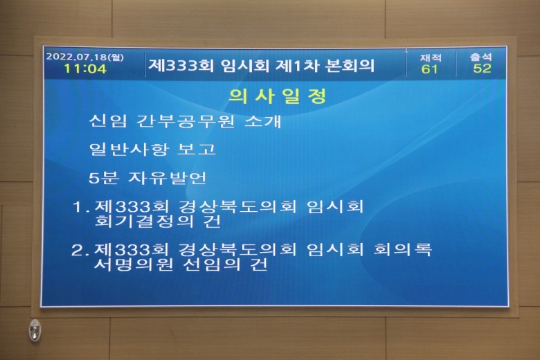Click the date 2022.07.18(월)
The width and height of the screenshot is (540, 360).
(x=84, y=57)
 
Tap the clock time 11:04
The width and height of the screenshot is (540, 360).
(x=85, y=69)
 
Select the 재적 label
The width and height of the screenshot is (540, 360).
(x=431, y=57)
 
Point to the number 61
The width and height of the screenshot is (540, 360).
(x=429, y=69)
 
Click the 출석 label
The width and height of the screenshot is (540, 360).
(x=481, y=57)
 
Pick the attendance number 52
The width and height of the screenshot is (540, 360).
(x=482, y=69)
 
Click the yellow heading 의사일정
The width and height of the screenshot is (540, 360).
(x=278, y=96)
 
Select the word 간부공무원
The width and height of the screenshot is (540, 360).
(x=186, y=121)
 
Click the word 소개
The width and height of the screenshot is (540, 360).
(x=262, y=121)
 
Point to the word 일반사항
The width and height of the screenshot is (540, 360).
(x=129, y=149)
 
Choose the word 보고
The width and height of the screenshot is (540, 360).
(x=197, y=149)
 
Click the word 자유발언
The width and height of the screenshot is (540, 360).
(x=168, y=178)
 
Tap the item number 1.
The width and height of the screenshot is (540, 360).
(x=79, y=207)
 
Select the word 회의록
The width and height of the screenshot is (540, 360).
(x=403, y=249)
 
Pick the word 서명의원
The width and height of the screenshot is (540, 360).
(x=133, y=264)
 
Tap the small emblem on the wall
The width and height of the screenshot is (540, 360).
(x=35, y=330)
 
